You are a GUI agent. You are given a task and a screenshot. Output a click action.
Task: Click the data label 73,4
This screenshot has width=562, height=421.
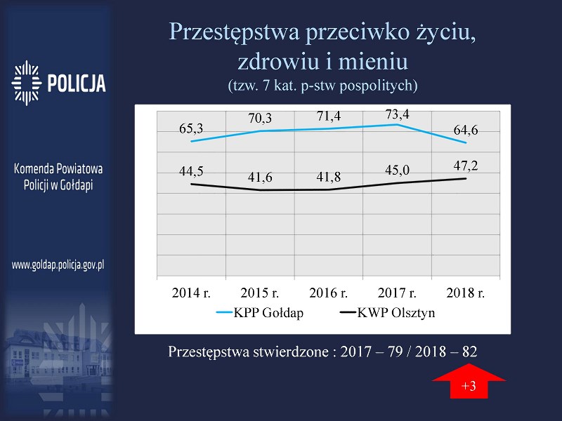[x=397, y=114]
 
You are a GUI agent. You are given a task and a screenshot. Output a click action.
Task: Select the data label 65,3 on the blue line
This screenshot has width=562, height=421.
[x=191, y=128]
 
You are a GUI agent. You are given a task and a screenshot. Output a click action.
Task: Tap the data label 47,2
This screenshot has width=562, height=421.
[x=466, y=166]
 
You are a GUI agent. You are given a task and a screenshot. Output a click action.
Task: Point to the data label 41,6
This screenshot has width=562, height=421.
[x=260, y=178]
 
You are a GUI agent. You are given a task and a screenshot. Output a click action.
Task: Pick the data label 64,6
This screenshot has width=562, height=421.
[x=466, y=130]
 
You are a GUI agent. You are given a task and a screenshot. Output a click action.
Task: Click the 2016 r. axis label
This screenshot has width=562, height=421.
[x=328, y=293]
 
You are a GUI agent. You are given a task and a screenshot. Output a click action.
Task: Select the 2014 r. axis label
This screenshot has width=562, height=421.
[x=191, y=293]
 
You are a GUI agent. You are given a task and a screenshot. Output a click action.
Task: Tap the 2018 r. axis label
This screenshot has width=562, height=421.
[x=466, y=293]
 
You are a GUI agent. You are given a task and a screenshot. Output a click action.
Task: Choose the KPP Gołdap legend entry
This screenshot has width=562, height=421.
[x=260, y=312]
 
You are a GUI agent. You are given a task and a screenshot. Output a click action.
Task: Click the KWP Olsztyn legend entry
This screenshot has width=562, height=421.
[x=388, y=312]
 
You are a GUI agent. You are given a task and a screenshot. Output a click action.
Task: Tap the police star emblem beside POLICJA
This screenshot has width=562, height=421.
[x=27, y=83]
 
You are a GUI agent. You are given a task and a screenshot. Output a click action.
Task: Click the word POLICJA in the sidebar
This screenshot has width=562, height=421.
[x=77, y=83]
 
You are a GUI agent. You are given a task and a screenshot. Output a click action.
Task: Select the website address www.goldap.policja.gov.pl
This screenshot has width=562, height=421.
[x=58, y=265]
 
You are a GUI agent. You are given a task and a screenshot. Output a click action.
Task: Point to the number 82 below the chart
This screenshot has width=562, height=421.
[x=469, y=352]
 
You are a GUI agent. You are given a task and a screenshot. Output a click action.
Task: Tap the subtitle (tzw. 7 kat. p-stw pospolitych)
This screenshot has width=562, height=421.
[x=323, y=86]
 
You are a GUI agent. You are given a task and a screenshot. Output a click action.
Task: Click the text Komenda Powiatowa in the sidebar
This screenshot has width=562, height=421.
[x=58, y=168]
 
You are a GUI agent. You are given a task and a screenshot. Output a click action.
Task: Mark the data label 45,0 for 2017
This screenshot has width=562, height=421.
[x=397, y=170]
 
